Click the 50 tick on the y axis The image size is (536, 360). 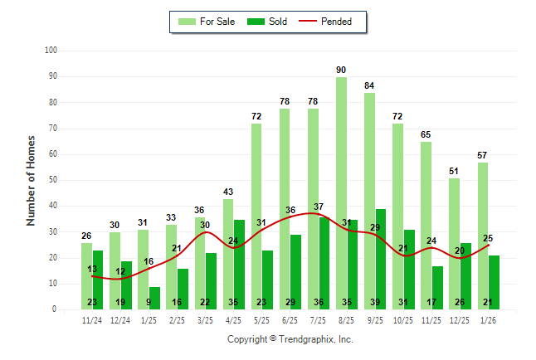tap(52, 180)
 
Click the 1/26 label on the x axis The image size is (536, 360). tap(488, 320)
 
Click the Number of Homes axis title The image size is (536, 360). tap(32, 180)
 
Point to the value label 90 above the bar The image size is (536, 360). tap(341, 70)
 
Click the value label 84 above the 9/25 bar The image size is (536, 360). tap(369, 85)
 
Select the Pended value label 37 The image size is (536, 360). tap(319, 207)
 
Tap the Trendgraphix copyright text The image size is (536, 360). tap(290, 339)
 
